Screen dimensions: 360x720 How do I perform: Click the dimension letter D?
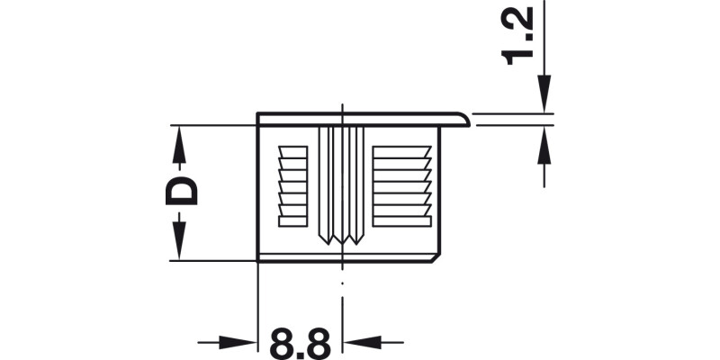coord(182,192)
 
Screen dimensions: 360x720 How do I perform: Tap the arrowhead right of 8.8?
coord(360,342)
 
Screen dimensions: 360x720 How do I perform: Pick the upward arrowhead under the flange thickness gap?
coord(544,142)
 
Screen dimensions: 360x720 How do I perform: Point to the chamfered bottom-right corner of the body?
coord(438,257)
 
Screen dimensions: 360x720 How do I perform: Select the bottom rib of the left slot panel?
coord(293,221)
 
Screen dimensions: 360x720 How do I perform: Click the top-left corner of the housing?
coord(259,115)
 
